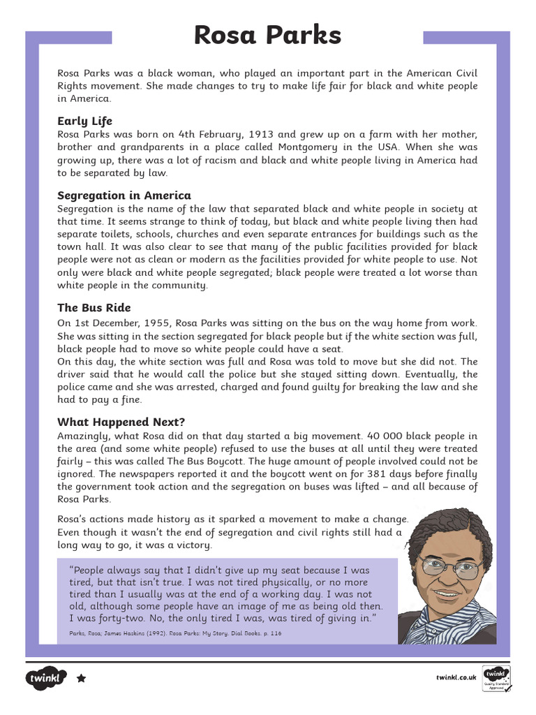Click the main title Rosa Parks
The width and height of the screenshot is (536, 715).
[267, 35]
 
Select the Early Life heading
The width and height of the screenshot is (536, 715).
[84, 121]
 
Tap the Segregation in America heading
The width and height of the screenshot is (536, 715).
[124, 196]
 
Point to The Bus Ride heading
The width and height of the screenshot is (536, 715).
[94, 308]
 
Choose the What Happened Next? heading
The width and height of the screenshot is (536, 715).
[121, 422]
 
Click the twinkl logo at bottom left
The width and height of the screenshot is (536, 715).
[46, 678]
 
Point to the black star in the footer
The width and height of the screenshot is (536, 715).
[81, 678]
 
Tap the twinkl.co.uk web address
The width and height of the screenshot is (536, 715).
[456, 677]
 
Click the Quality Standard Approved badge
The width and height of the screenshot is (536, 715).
[497, 679]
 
